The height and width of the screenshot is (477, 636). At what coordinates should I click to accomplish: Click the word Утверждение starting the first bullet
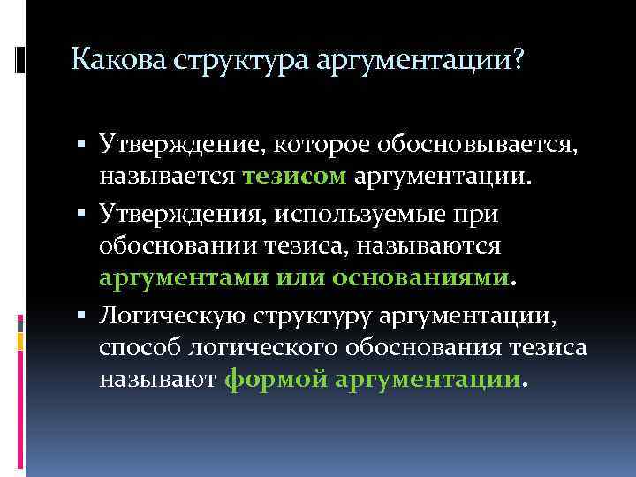pos(185,141)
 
